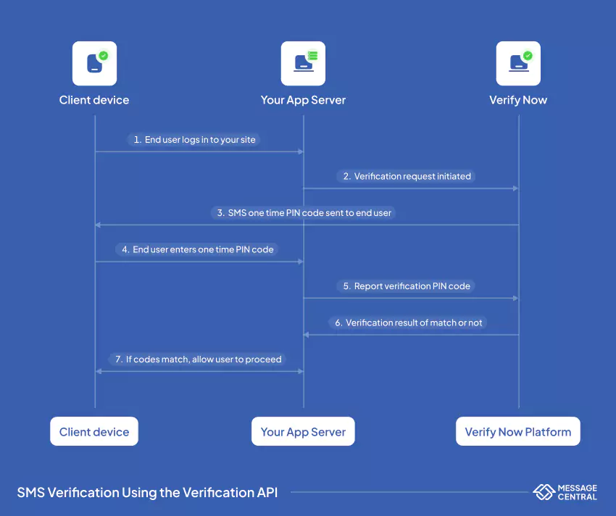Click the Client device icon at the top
click(x=94, y=64)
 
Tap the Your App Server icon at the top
click(x=303, y=64)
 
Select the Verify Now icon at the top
click(x=518, y=64)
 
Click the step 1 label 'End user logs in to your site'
click(x=194, y=140)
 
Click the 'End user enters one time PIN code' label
click(x=197, y=249)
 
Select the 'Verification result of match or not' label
click(x=408, y=322)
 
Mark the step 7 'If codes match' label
click(x=198, y=359)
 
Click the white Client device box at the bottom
click(x=94, y=432)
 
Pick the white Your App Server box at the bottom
click(x=303, y=432)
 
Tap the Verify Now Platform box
click(x=518, y=432)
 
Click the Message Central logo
click(x=565, y=493)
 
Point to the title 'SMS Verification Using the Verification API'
click(x=147, y=493)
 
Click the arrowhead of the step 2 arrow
click(x=515, y=188)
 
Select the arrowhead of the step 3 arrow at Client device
click(x=98, y=225)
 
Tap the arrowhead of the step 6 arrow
click(x=307, y=335)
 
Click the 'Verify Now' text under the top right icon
click(x=518, y=100)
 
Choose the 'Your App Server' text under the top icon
click(x=303, y=100)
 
